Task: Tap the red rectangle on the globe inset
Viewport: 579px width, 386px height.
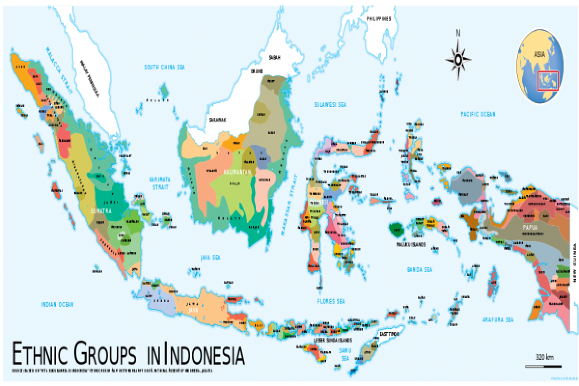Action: [x=548, y=80]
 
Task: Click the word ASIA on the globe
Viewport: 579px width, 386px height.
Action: [x=539, y=54]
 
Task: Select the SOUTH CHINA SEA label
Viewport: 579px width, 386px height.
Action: [x=165, y=67]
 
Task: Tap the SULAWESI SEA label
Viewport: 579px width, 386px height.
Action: [x=331, y=104]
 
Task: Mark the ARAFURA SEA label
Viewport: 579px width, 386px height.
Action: [x=498, y=320]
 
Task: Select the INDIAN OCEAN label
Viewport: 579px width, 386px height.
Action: [x=57, y=304]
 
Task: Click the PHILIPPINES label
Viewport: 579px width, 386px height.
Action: [x=378, y=19]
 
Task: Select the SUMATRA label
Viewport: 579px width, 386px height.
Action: [x=101, y=211]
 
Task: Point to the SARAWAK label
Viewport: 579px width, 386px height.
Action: [x=218, y=119]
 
